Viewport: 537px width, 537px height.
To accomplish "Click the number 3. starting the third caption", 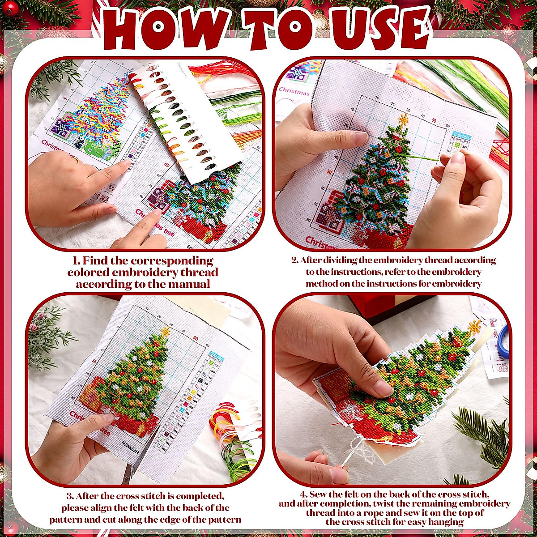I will coord(70,496).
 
